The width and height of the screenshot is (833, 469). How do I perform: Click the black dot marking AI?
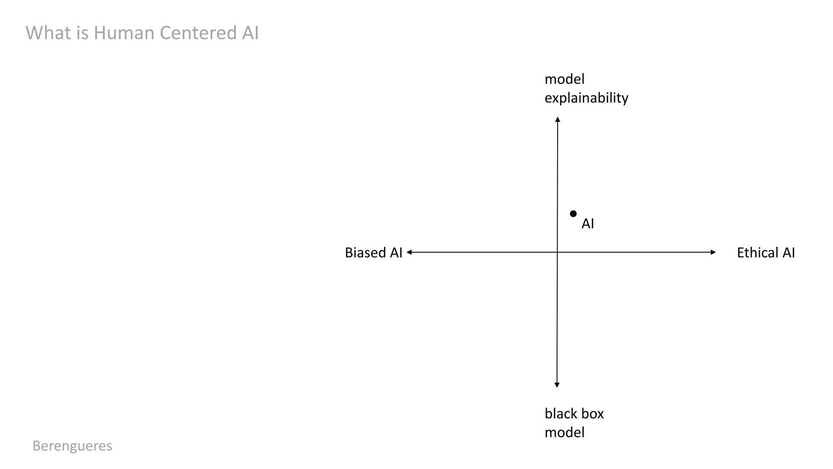(573, 214)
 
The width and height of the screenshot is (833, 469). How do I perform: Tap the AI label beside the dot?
(588, 224)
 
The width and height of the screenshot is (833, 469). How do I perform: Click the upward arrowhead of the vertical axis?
(558, 119)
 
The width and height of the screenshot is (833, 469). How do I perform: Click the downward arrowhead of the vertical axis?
(557, 385)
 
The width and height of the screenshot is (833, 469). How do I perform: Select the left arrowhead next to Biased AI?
(409, 252)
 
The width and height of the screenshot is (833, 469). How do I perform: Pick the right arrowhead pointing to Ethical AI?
(713, 252)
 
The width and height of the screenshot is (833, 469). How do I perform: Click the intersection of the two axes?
(557, 252)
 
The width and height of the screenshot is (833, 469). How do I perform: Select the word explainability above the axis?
(586, 98)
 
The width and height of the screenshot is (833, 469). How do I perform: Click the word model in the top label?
(564, 79)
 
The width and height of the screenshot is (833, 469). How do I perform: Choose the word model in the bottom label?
(564, 432)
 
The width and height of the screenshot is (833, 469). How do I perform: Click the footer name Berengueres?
(72, 446)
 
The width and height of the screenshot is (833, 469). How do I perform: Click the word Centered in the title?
(198, 33)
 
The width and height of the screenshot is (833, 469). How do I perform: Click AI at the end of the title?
(250, 33)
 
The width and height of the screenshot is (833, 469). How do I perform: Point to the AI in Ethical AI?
(788, 253)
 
